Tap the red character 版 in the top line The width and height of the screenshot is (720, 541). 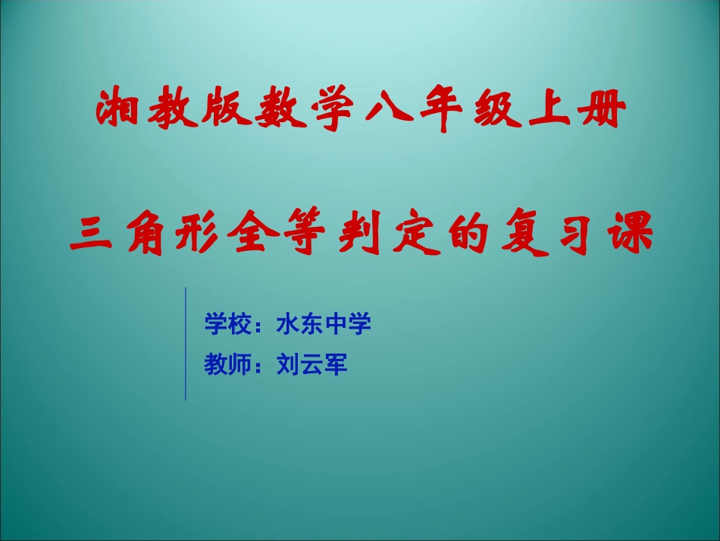[x=225, y=112]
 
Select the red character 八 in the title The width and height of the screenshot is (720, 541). [x=389, y=112]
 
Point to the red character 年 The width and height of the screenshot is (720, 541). [x=443, y=112]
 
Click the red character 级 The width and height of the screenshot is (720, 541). [x=496, y=112]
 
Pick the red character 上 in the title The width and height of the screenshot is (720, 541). [x=550, y=112]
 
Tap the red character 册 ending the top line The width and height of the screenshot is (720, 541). [x=604, y=112]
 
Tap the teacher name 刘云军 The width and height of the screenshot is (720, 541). [x=312, y=365]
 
